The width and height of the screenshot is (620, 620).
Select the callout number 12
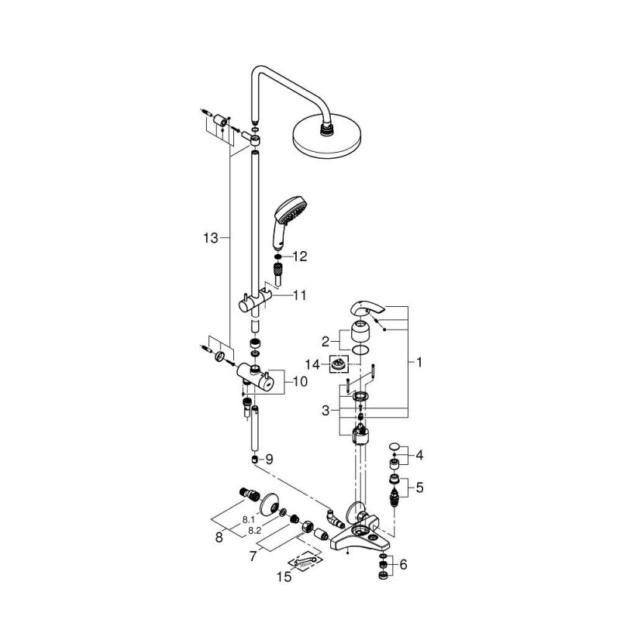tap(300, 257)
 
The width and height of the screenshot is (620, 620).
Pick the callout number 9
tap(270, 459)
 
